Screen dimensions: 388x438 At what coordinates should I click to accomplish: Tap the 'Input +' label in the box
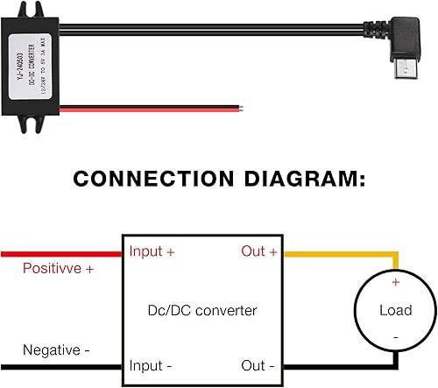tap(152, 252)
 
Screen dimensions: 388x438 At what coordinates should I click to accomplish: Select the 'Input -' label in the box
tap(151, 364)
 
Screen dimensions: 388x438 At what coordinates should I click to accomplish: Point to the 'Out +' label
tap(258, 252)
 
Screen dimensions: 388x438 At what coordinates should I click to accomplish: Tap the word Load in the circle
tap(395, 310)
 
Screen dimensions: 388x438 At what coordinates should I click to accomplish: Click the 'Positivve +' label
tap(58, 268)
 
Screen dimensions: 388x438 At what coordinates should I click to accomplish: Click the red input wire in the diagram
tap(61, 253)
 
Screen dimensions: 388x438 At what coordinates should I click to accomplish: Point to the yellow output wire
tap(342, 253)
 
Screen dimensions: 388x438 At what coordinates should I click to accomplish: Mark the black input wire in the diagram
tap(61, 365)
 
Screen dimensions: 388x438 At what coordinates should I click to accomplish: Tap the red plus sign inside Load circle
tap(395, 283)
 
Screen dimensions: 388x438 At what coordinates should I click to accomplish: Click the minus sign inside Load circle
tap(395, 336)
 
